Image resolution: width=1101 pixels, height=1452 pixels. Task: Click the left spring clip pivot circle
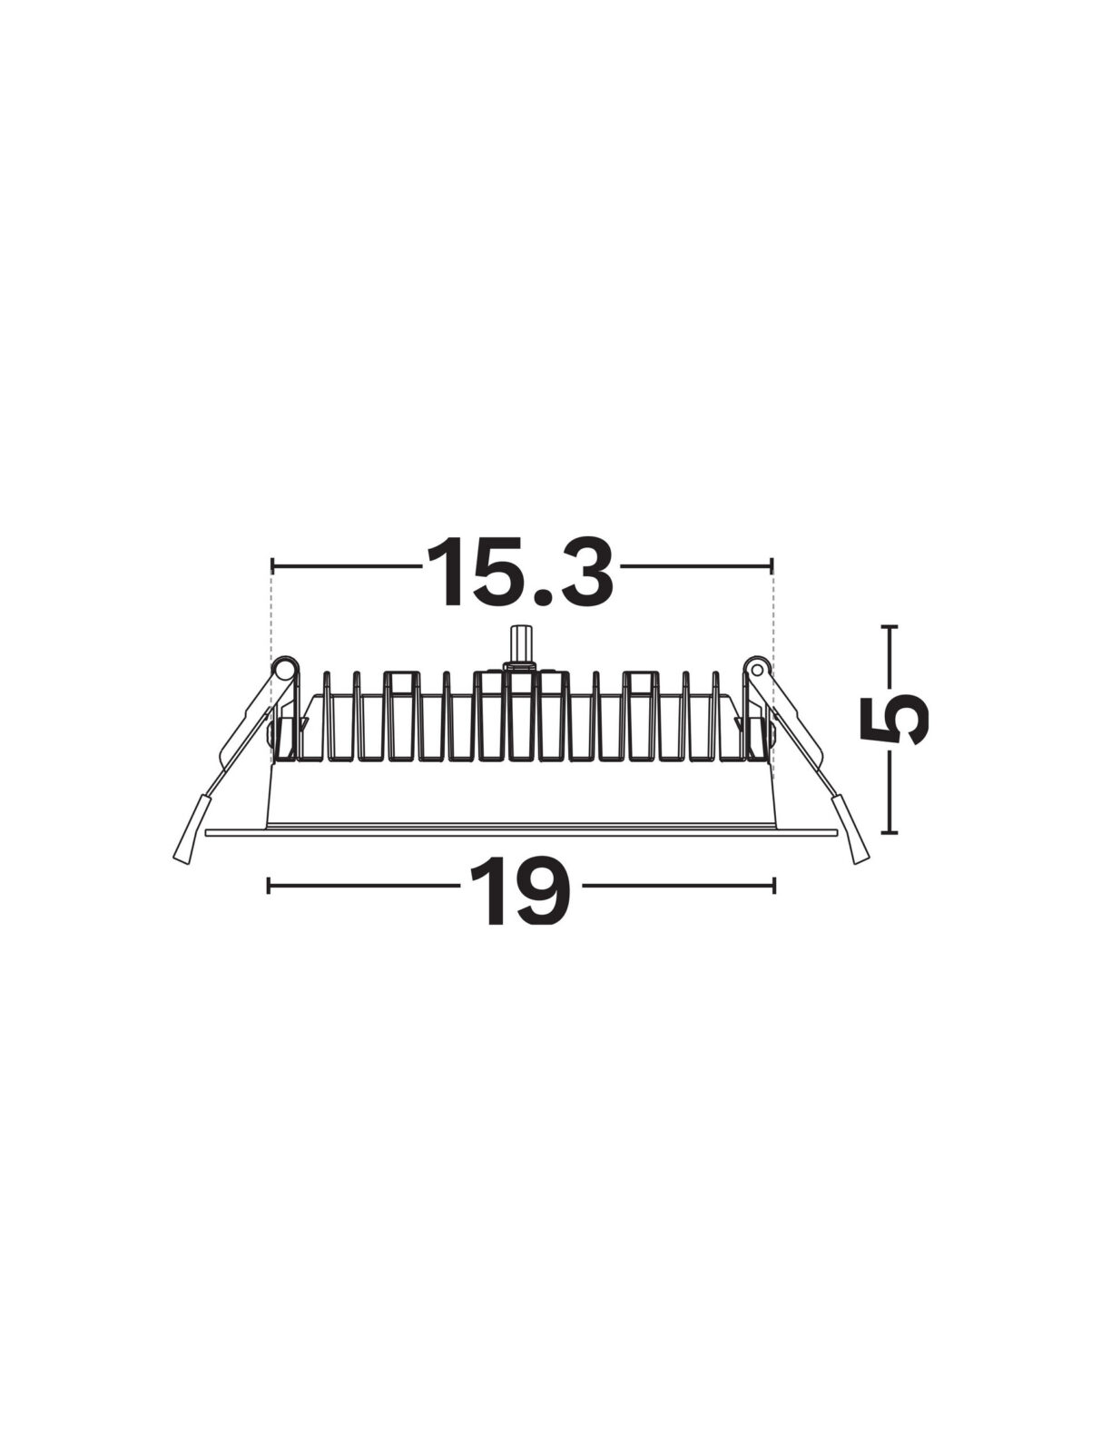coord(284,669)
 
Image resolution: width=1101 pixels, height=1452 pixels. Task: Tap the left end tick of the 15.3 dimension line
coord(272,566)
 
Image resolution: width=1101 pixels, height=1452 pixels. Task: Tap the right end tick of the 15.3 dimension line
coord(772,566)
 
